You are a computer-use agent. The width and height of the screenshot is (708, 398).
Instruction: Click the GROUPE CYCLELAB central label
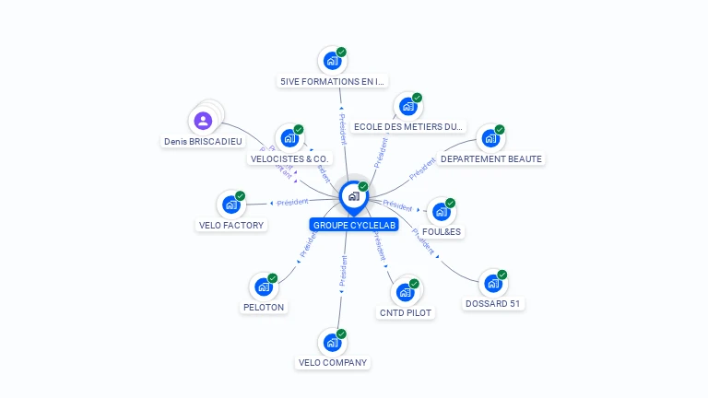[x=355, y=225]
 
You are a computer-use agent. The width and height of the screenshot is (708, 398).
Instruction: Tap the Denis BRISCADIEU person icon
[x=203, y=120]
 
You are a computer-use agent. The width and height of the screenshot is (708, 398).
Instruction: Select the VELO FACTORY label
[x=231, y=225]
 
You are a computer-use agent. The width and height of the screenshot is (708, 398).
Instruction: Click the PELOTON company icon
[x=263, y=287]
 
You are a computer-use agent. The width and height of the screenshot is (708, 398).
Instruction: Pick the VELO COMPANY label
[x=333, y=363]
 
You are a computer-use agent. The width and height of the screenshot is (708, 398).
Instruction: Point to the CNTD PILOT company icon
[x=405, y=293]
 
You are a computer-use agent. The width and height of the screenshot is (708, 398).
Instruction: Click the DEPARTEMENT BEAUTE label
[x=491, y=159]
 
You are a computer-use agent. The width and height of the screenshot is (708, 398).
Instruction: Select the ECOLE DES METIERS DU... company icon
[x=407, y=107]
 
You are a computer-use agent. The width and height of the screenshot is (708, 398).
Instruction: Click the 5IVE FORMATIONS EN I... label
[x=333, y=82]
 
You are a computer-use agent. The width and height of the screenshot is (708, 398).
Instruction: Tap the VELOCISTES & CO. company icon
[x=289, y=138]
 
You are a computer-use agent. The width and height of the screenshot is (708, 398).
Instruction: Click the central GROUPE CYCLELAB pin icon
[x=353, y=195]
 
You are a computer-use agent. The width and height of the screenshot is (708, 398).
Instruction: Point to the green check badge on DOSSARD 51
[x=502, y=275]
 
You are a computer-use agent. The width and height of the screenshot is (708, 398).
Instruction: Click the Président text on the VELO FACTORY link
[x=292, y=202]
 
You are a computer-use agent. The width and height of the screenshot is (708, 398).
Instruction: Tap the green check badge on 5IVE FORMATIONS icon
[x=341, y=53]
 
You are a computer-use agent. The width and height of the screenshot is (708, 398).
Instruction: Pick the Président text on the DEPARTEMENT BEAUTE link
[x=422, y=168]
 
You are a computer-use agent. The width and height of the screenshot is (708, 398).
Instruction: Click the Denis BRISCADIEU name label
[x=203, y=142]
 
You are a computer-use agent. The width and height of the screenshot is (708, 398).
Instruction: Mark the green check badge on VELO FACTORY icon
[x=240, y=196]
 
